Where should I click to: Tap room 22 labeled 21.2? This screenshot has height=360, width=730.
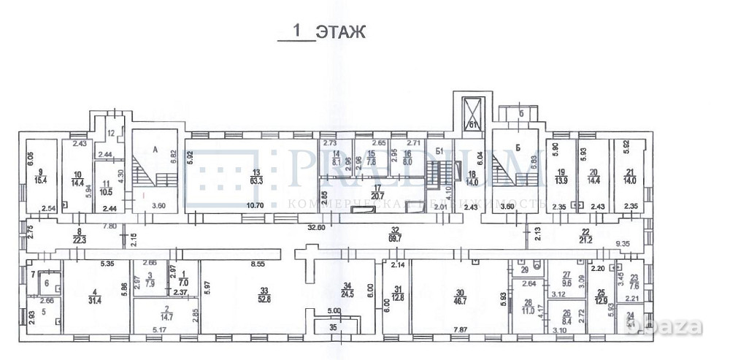click(x=585, y=237)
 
